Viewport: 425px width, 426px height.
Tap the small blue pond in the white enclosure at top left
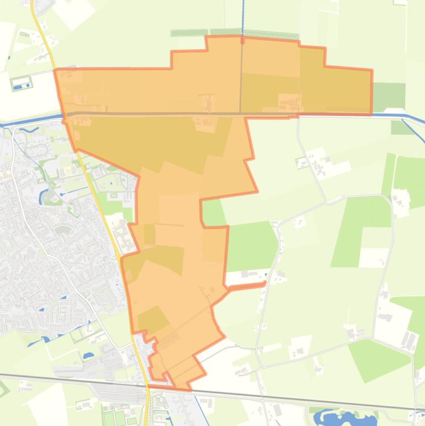[20, 86]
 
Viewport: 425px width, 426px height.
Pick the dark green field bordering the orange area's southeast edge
[251, 243]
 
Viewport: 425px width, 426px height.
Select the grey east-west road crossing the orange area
[166, 114]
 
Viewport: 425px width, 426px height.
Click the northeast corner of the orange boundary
[371, 70]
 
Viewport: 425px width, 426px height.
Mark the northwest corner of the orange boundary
[55, 70]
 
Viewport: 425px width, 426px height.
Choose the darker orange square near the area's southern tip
[153, 320]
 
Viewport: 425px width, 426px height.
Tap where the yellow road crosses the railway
[148, 387]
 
